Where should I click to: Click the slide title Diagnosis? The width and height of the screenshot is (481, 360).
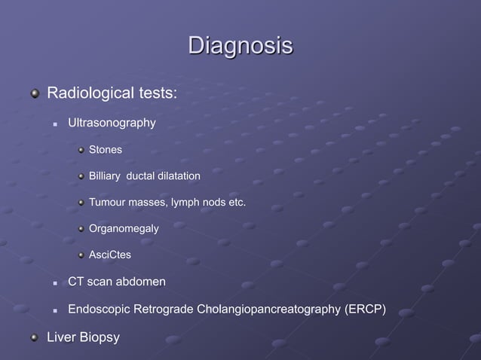(240, 45)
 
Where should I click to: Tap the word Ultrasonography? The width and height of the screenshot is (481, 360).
(112, 122)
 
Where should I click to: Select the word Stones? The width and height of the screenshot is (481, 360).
(106, 150)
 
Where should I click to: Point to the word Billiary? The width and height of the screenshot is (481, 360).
(105, 176)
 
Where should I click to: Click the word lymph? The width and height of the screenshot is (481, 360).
(186, 203)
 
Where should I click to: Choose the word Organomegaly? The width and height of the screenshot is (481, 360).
(124, 229)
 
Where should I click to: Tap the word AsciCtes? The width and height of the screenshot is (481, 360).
(110, 255)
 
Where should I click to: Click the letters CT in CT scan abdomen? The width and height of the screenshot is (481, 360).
(75, 282)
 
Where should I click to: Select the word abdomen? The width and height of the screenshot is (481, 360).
(142, 282)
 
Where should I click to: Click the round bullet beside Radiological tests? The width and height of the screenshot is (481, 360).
(34, 95)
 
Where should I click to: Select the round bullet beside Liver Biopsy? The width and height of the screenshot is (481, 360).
(34, 337)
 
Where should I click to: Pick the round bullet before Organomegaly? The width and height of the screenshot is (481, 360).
(81, 229)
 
